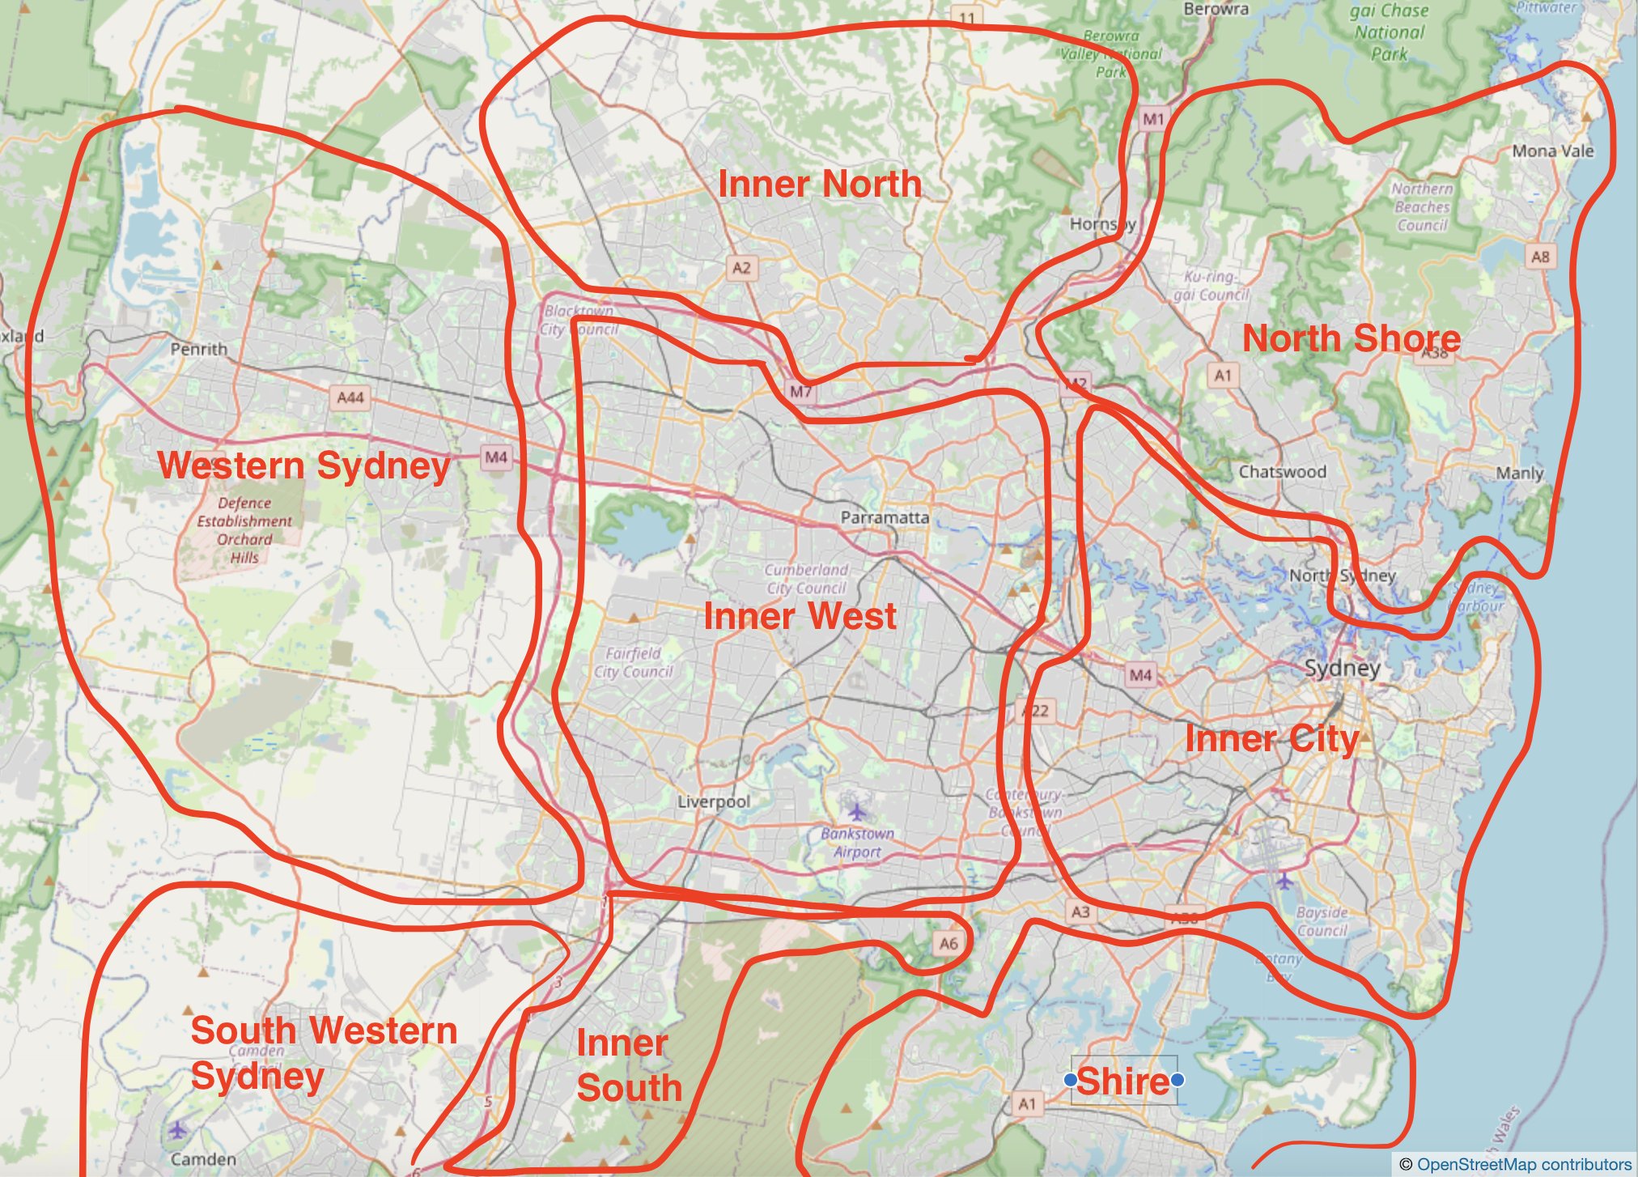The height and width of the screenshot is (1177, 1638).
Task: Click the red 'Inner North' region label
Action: coord(819,184)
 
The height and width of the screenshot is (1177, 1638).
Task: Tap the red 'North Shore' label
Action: coord(1351,338)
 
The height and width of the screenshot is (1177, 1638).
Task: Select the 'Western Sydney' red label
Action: coord(303,465)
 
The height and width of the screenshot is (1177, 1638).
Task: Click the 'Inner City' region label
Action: coord(1271,739)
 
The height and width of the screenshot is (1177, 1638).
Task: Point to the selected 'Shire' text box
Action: coord(1123,1081)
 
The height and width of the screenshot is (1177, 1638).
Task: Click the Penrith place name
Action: coord(198,349)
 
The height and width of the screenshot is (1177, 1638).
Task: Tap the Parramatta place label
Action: coord(884,516)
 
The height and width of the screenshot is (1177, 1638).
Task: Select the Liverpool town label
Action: coord(713,801)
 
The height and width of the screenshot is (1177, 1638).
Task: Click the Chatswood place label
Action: coord(1282,471)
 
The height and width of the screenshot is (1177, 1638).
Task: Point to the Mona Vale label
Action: coord(1552,151)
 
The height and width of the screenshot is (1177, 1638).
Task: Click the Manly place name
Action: coord(1519,473)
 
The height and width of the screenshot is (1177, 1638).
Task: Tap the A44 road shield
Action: coord(350,397)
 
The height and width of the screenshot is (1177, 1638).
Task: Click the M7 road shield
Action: coord(800,392)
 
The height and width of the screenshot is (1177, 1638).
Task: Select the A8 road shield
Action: coord(1539,257)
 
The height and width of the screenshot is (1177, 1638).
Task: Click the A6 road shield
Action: coord(948,943)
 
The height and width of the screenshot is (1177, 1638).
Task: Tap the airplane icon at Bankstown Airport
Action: coord(856,809)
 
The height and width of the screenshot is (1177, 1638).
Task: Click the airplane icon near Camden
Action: coord(177,1129)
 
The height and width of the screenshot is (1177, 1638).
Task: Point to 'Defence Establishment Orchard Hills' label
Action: coord(244,530)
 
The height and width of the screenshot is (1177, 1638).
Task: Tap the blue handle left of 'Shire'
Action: coord(1071,1080)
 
